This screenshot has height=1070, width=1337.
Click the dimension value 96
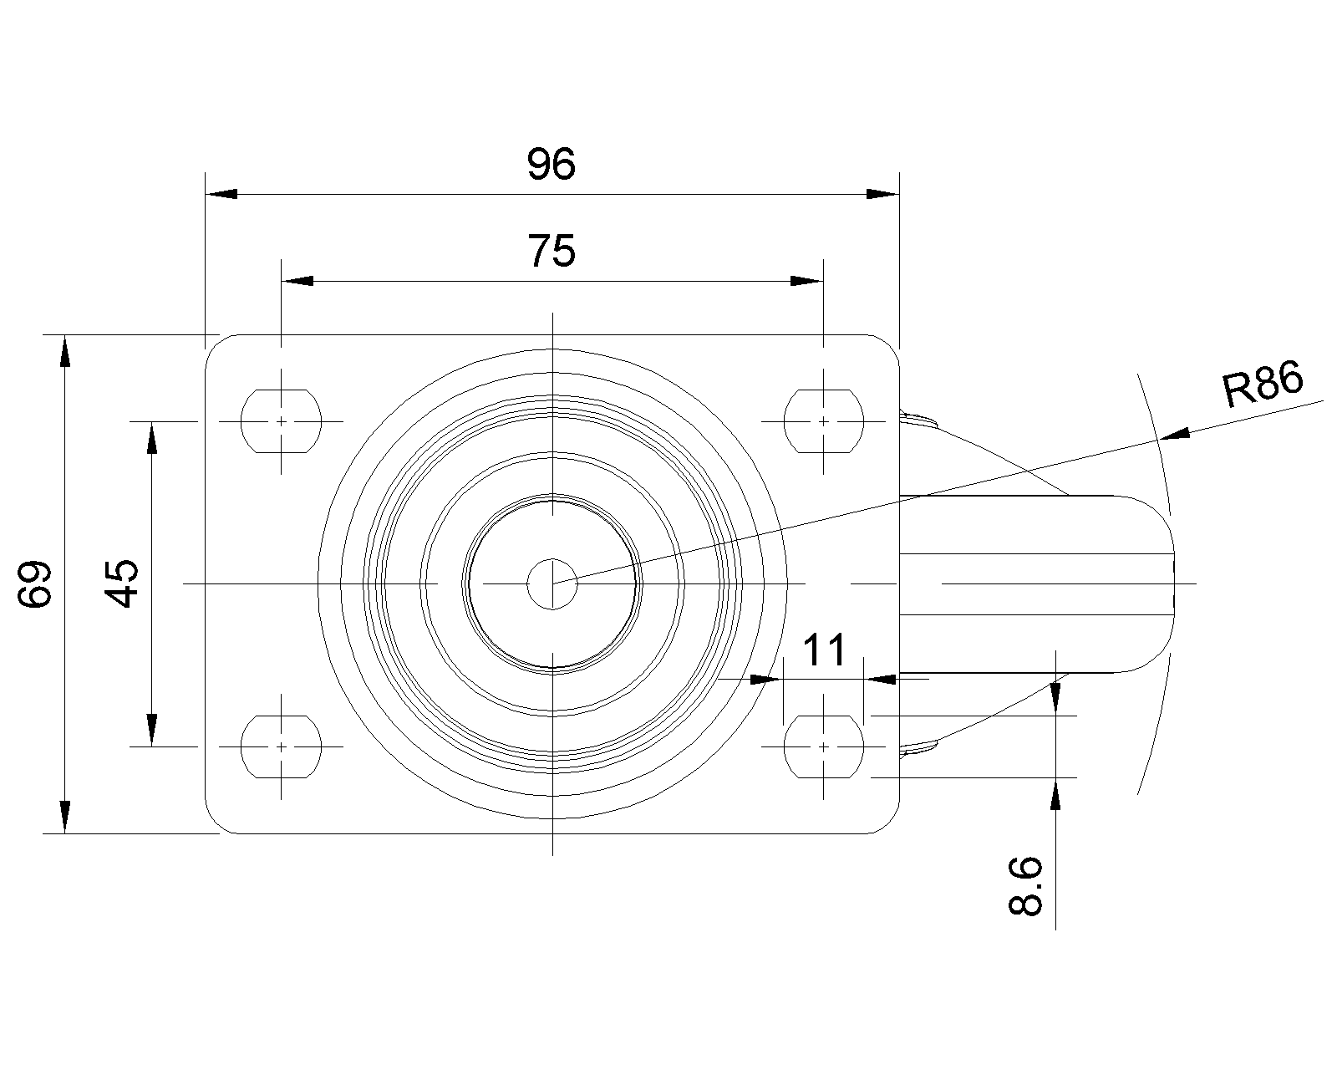[551, 164]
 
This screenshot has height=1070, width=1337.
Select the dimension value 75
[552, 251]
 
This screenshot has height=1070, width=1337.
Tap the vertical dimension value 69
[34, 583]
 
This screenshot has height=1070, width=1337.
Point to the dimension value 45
[121, 583]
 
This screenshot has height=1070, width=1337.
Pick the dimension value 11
[825, 650]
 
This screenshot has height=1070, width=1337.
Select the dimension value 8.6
[1024, 886]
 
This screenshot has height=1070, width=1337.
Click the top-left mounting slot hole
[281, 421]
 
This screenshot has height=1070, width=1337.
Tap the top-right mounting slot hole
[824, 421]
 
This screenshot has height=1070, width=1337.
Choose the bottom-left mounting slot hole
[281, 746]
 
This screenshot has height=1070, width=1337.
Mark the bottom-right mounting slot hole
[824, 746]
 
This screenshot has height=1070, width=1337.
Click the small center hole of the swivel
[552, 583]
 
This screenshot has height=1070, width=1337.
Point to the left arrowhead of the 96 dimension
[221, 194]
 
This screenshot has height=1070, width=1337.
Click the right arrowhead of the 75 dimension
[806, 281]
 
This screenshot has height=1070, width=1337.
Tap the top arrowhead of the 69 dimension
[64, 351]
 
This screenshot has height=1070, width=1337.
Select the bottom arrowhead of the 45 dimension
[151, 730]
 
